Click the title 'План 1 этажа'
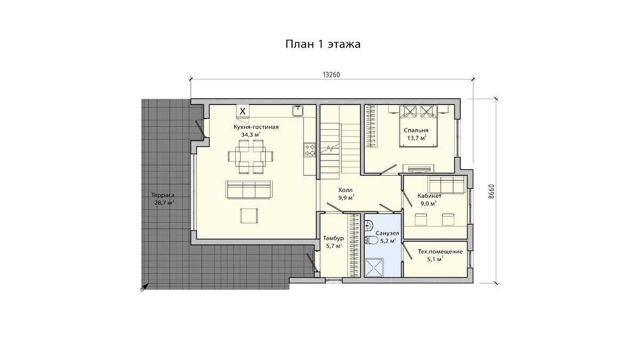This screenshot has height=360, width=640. click(323, 44)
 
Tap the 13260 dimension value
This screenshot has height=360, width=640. click(331, 75)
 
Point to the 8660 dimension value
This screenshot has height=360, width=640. click(491, 191)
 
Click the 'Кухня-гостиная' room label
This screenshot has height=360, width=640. click(256, 127)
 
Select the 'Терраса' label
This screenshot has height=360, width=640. click(163, 195)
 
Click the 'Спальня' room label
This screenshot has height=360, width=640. click(416, 131)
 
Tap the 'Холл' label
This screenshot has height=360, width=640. click(346, 190)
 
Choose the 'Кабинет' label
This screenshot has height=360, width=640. click(429, 196)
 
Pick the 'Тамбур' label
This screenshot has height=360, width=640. click(333, 238)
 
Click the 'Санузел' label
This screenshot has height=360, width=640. click(387, 234)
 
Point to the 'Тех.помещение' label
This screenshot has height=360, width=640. click(441, 252)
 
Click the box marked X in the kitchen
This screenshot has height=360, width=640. click(243, 111)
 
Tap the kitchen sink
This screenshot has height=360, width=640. click(298, 111)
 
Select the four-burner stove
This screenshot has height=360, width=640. click(310, 150)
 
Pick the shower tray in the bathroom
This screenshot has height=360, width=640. click(374, 267)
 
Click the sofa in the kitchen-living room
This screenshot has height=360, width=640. click(249, 189)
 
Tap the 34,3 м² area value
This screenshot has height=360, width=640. click(251, 134)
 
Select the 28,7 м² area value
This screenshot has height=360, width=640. click(164, 203)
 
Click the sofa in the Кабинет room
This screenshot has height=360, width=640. click(446, 185)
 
